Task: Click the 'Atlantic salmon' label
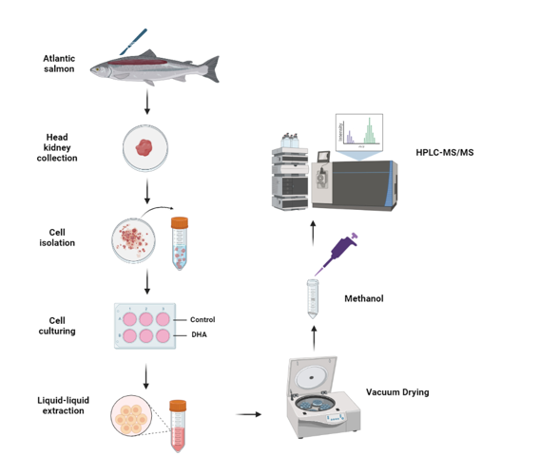click(x=59, y=65)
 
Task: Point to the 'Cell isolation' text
click(x=59, y=237)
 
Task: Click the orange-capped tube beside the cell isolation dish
click(x=180, y=241)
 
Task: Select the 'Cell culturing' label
click(x=59, y=325)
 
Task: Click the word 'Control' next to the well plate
click(x=203, y=319)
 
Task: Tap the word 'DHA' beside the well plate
click(x=199, y=334)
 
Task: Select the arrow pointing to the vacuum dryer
click(x=250, y=414)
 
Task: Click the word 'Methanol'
click(x=363, y=298)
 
